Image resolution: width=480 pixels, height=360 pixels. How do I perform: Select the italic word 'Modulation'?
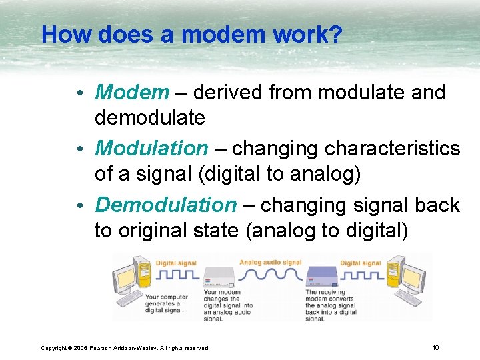[x=151, y=148]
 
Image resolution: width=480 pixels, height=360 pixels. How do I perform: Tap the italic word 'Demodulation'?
[x=165, y=205]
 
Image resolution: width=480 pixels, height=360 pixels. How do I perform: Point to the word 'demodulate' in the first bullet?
[x=149, y=118]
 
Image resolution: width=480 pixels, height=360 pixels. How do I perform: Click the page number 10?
[x=435, y=347]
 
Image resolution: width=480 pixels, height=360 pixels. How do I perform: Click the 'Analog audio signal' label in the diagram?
[x=270, y=263]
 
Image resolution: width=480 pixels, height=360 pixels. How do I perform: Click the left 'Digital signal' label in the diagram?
[x=175, y=263]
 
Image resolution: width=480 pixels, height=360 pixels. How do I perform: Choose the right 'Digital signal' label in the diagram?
[x=360, y=263]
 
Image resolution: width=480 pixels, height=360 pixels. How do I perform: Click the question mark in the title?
[x=334, y=34]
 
